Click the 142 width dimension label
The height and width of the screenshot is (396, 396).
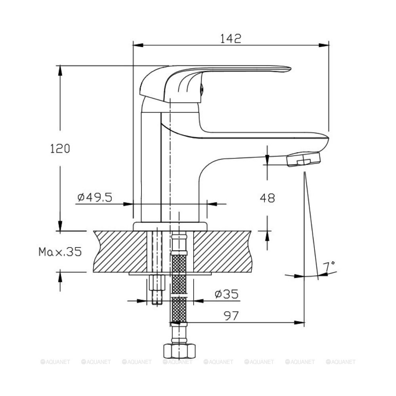pos(230,38)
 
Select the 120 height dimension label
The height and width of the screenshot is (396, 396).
pos(60,148)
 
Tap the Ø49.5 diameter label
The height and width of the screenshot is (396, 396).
pos(95,197)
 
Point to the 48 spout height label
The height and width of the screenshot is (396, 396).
pos(267,198)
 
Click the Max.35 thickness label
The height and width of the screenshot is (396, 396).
pos(60,252)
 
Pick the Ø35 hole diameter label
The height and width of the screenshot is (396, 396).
pos(227,294)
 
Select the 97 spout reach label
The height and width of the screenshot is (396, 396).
pos(231,316)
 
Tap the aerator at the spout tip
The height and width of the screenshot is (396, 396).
pos(304,159)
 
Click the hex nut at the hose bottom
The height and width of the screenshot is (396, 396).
pos(179,350)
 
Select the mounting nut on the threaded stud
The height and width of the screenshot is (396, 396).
pos(157,283)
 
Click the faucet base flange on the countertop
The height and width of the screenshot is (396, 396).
pos(170,226)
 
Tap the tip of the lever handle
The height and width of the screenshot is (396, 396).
pos(290,69)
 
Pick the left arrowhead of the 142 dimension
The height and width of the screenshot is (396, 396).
pos(138,45)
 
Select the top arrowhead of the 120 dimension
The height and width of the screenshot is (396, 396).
pos(60,71)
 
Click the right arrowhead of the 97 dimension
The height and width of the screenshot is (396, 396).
pos(299,322)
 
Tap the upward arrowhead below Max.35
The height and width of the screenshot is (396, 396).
pos(60,277)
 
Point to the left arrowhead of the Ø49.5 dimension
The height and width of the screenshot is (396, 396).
pos(128,204)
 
